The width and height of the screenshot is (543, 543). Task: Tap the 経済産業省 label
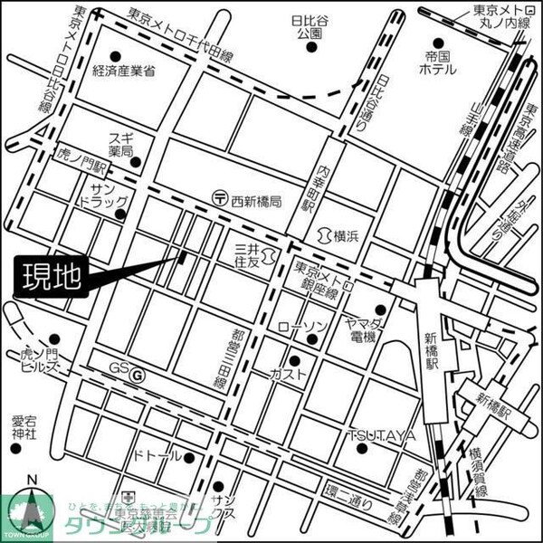(x=123, y=71)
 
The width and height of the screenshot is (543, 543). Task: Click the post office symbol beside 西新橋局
(x=219, y=196)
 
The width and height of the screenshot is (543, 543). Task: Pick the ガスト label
(x=288, y=373)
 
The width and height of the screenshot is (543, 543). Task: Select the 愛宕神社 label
(x=24, y=427)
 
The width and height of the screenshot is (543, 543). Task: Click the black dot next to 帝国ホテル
(x=438, y=42)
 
